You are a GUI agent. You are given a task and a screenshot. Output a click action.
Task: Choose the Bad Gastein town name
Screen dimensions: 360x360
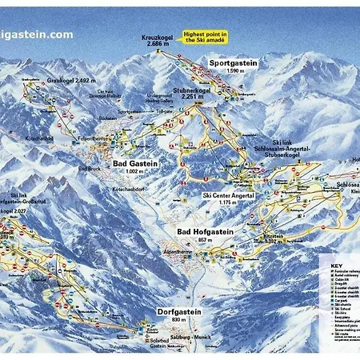point(135,162)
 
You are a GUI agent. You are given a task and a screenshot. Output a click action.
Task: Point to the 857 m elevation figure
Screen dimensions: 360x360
point(206,239)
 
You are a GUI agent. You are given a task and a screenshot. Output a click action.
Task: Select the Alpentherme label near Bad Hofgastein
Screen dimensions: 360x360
point(180,249)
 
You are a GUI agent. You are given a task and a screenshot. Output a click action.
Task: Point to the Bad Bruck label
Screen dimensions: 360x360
point(89,169)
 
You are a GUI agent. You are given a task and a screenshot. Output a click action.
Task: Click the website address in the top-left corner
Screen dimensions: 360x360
point(36,35)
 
